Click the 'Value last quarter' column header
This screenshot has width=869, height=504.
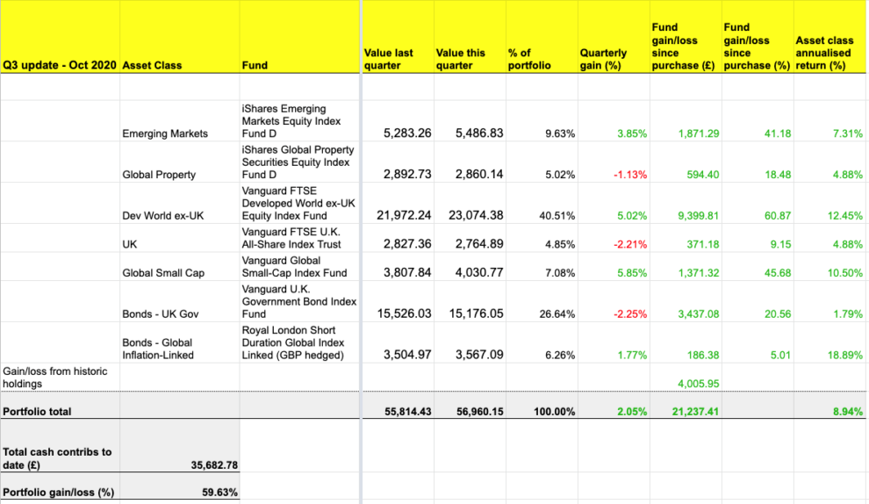[388, 59]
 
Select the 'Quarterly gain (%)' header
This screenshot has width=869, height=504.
[603, 59]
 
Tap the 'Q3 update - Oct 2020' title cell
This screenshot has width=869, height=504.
[60, 65]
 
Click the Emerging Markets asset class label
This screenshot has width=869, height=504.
[165, 133]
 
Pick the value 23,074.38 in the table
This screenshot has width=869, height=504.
[469, 215]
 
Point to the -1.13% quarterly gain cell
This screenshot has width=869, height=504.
[630, 175]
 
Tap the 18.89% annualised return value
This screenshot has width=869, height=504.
[845, 356]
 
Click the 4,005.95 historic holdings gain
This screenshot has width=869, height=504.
[699, 384]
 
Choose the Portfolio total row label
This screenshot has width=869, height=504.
[38, 411]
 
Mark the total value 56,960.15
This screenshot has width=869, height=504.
[469, 411]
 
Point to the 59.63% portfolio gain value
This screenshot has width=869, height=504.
[219, 493]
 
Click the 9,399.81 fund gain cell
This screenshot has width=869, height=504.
[699, 216]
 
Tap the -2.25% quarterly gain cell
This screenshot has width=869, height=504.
[630, 314]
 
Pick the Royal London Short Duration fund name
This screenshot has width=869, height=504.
[293, 343]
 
